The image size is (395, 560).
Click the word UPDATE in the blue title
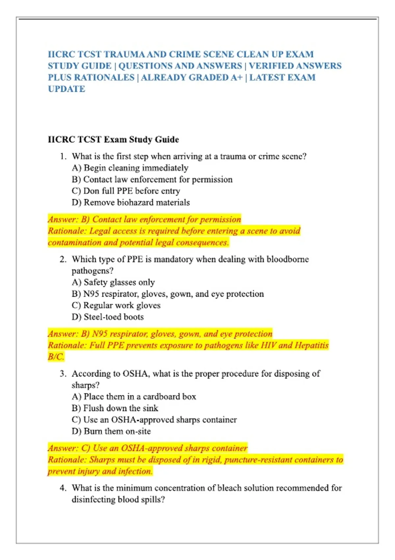[x=66, y=89]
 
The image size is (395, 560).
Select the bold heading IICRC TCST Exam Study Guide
[x=113, y=139]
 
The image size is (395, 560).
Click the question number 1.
[x=63, y=156]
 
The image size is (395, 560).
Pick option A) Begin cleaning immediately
[x=130, y=168]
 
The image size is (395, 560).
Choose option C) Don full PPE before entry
[x=126, y=191]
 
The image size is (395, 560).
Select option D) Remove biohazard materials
[x=131, y=202]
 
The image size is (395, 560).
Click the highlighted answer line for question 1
[x=144, y=219]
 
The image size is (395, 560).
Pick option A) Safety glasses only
[x=113, y=282]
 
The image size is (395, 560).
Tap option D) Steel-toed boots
[x=108, y=317]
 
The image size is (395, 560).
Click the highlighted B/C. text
[x=56, y=357]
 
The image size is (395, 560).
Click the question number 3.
[x=63, y=374]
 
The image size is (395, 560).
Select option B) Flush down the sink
[x=115, y=408]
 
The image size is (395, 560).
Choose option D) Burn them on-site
[x=111, y=431]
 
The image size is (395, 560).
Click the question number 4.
[x=63, y=488]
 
